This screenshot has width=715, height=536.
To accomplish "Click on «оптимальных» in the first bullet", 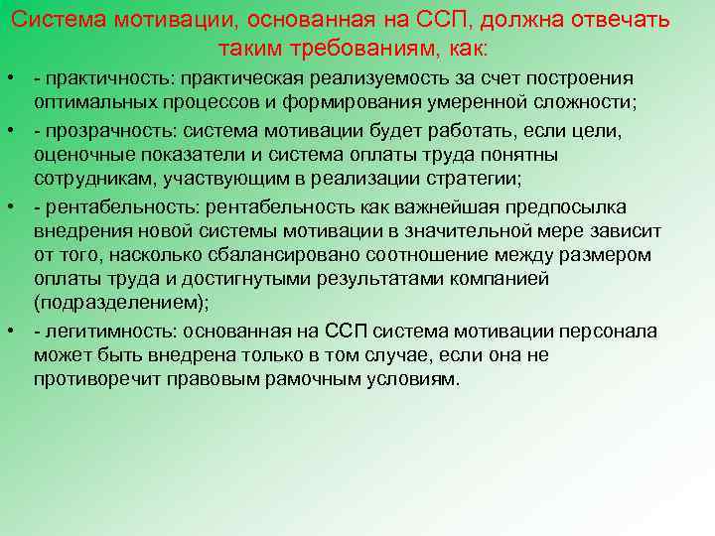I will click(85, 102).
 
